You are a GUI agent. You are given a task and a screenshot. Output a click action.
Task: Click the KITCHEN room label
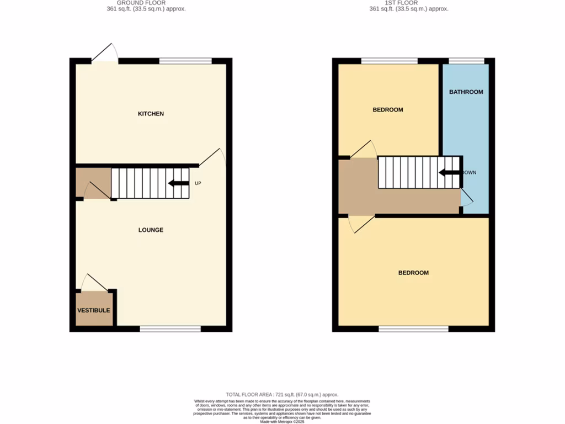pyautogui.click(x=151, y=114)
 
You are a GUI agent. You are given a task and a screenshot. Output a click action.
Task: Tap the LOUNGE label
pyautogui.click(x=151, y=230)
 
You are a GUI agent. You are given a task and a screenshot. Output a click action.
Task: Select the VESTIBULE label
pyautogui.click(x=93, y=310)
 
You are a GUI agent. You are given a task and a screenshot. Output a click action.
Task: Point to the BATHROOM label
pyautogui.click(x=466, y=92)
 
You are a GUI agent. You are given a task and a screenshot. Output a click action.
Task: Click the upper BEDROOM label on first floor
pyautogui.click(x=388, y=110)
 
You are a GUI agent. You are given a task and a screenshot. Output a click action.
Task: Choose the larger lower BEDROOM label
pyautogui.click(x=413, y=273)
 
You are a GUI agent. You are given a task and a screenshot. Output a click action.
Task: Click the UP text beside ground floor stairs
pyautogui.click(x=198, y=183)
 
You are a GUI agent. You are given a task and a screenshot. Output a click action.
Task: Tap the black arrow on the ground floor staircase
pyautogui.click(x=179, y=183)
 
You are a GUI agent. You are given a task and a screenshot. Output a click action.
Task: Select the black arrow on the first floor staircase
pyautogui.click(x=450, y=173)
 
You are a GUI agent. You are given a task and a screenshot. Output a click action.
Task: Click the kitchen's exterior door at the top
pyautogui.click(x=105, y=54)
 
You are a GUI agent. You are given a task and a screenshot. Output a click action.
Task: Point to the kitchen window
pyautogui.click(x=185, y=61)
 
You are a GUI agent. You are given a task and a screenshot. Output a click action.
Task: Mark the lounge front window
pyautogui.click(x=170, y=329)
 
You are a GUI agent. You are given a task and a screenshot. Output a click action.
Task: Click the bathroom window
pyautogui.click(x=466, y=61)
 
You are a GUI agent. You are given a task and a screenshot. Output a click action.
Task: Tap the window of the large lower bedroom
pyautogui.click(x=413, y=329)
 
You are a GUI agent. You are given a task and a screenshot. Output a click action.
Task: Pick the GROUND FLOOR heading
pyautogui.click(x=141, y=3)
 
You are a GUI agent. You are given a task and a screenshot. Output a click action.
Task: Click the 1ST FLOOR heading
pyautogui.click(x=409, y=3)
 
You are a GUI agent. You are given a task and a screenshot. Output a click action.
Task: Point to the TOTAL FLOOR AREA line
pyautogui.click(x=282, y=395)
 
